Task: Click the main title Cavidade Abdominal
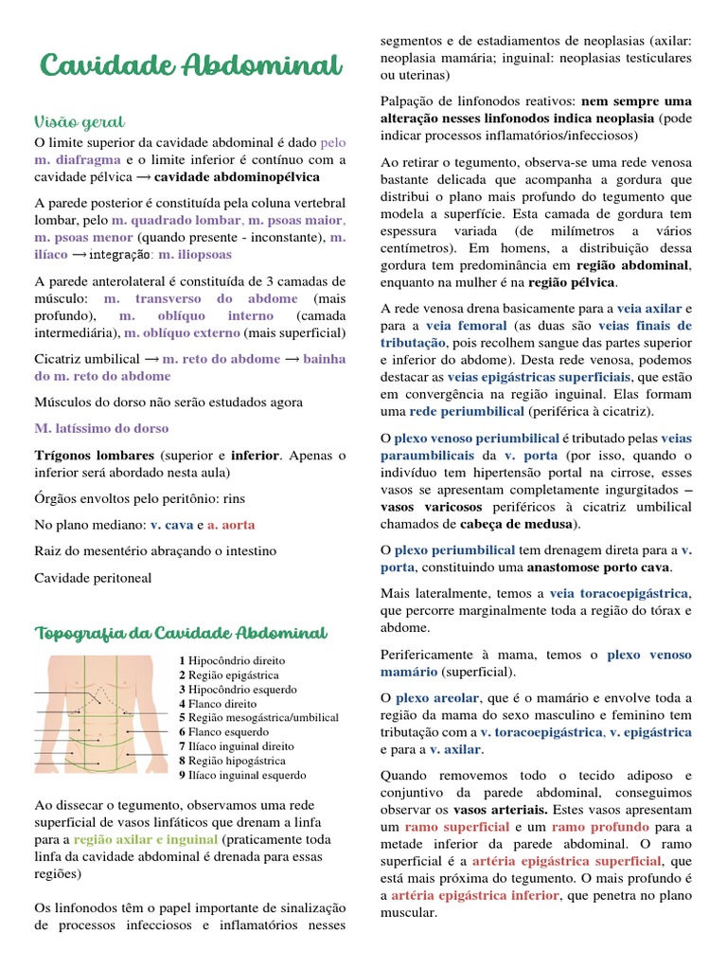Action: pos(190,66)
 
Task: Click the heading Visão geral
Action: pos(80,122)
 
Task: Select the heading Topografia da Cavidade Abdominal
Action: pos(181,632)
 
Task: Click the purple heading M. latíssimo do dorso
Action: pos(101,428)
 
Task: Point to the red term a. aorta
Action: pos(231,524)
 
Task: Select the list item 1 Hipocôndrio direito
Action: pos(231,660)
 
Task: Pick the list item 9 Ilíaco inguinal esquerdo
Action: pos(241,775)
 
